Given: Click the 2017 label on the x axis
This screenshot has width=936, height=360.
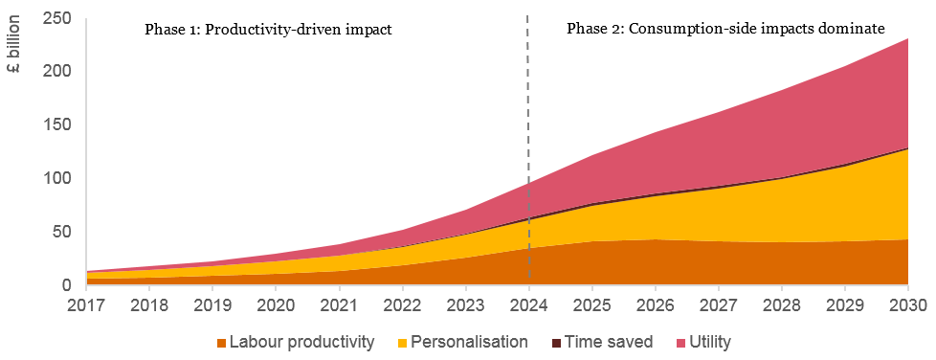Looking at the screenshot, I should click(86, 305).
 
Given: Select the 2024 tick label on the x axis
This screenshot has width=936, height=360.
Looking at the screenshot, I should click(528, 305).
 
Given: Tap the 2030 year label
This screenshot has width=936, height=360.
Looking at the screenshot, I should click(907, 305).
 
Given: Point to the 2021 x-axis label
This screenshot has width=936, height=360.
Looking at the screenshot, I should click(339, 305).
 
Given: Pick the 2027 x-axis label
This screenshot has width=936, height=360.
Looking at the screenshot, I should click(718, 305).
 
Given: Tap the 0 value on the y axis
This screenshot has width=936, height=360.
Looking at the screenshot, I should click(67, 285).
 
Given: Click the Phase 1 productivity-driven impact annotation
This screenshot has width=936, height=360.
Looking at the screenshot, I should click(268, 30).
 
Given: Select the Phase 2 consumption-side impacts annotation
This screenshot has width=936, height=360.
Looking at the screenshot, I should click(725, 30).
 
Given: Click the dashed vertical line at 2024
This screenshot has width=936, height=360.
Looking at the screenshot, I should click(528, 144).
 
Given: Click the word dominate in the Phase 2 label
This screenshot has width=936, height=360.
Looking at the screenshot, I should click(852, 30).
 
